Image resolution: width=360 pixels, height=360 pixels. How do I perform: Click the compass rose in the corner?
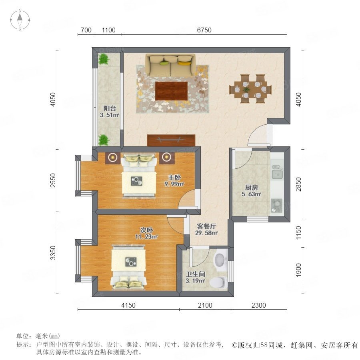tap(20, 20)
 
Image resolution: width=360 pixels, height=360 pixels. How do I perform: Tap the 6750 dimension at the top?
tap(204, 30)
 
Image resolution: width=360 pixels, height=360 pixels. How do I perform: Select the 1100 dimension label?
tap(108, 30)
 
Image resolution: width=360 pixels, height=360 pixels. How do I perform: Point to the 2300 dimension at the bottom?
tap(258, 305)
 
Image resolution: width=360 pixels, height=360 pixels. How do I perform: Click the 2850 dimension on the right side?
tap(298, 184)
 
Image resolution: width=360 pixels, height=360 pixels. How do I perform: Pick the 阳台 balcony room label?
tap(109, 108)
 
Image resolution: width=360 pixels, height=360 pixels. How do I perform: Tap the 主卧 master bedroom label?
tap(174, 177)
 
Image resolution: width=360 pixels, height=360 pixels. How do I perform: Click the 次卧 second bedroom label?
tap(146, 230)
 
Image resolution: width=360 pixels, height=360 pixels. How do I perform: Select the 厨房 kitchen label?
tap(251, 187)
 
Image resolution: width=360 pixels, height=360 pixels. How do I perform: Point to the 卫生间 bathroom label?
tap(195, 274)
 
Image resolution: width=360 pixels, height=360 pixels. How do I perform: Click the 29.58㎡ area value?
tap(206, 233)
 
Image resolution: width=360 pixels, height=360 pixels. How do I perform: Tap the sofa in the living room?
tap(170, 65)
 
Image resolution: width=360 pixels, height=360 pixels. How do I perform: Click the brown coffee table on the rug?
tap(171, 91)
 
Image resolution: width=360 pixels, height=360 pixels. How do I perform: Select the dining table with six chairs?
tap(250, 89)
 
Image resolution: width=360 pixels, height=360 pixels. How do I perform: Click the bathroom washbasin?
tap(220, 260)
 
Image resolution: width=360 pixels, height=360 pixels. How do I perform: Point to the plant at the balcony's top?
tap(104, 59)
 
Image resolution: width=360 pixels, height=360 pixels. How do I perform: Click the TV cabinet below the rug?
tap(171, 140)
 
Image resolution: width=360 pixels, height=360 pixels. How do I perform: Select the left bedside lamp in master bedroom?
tap(113, 157)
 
